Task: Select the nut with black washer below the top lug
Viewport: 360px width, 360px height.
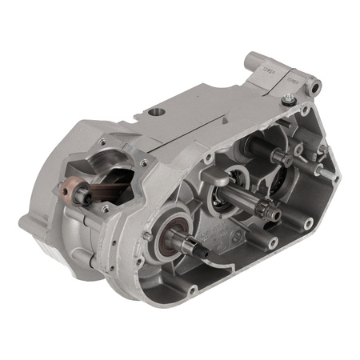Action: (x=286, y=100)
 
